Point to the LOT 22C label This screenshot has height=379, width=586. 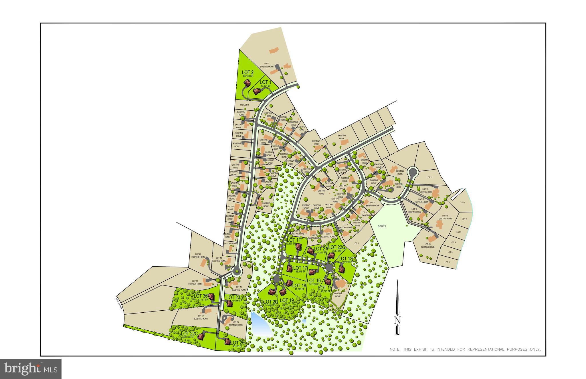pos(189,334)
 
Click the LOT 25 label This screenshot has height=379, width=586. pos(237,343)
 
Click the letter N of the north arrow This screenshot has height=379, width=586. pos(397,320)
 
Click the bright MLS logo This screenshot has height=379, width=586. pos(31,369)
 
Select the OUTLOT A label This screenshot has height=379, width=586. pos(382,226)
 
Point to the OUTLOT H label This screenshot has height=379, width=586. pos(244,105)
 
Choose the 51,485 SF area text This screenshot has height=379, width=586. pos(270,305)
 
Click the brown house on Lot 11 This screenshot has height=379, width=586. pos(298,246)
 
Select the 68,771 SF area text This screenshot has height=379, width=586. pos(290,304)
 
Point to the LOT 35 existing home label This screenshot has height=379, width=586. pos(195,282)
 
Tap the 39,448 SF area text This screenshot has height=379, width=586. pos(301,271)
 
